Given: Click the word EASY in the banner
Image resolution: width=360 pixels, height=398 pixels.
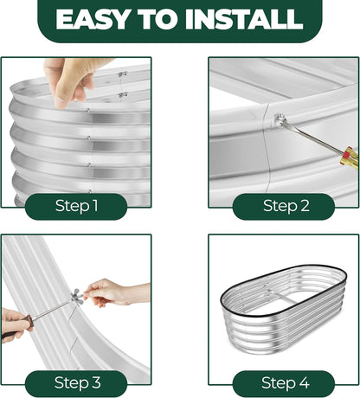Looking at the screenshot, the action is pos(93,19).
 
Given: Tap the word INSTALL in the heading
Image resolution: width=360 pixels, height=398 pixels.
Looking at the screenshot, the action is pos(244,19).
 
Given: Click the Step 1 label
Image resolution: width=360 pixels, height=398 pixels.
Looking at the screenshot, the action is pos(76,206).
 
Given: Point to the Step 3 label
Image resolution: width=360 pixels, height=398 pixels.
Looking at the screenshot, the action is pos(76,383).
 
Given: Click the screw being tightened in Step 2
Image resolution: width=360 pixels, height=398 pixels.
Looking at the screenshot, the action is pos(280,119).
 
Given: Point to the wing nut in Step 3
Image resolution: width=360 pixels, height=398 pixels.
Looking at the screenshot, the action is pos(78,296).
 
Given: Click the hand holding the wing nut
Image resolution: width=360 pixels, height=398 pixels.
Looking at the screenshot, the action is pos(115,292).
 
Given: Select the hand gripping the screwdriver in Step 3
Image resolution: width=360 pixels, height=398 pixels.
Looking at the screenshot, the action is pos(15,324).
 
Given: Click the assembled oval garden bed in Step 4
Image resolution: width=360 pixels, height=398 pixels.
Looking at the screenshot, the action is pos(284,311).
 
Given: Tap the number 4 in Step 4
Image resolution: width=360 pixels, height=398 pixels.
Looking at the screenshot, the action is pos(304,383).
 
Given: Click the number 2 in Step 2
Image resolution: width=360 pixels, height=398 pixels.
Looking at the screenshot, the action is pos(305,206).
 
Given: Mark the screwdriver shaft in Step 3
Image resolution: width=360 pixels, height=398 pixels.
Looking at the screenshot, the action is pos(52,310).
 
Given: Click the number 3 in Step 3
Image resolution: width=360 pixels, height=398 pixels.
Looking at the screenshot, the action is pos(97,383).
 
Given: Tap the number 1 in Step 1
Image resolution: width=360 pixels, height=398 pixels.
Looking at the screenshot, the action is pos(95,206).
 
